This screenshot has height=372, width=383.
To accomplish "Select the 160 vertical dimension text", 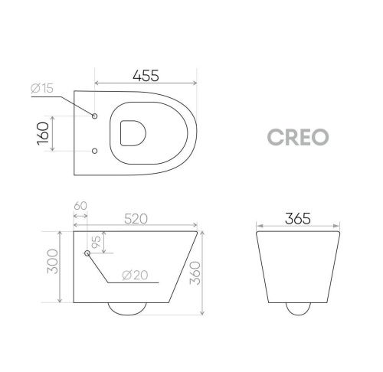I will tap(44, 134).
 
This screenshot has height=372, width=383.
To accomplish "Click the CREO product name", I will tap(299, 135).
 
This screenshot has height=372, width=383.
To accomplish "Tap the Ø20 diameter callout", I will tap(136, 275).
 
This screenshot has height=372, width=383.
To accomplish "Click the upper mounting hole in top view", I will tap(94, 116).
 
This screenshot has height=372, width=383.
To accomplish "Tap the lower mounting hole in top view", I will tap(94, 151).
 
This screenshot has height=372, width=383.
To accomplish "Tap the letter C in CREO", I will tap(275, 135).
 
